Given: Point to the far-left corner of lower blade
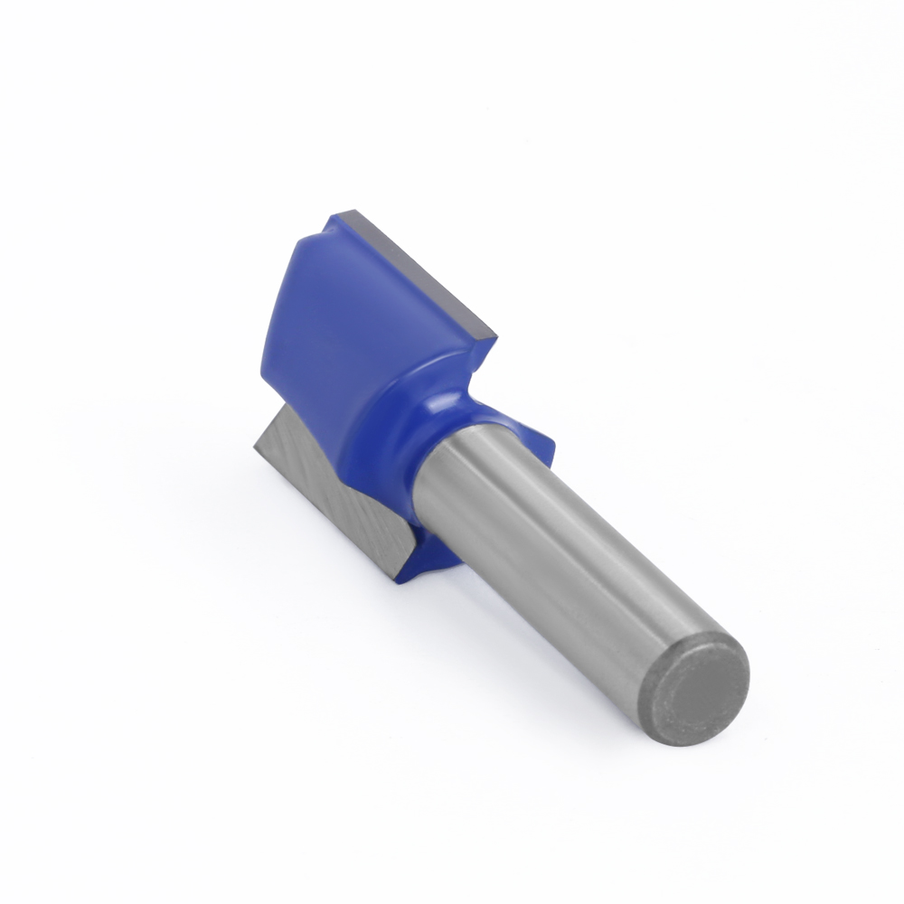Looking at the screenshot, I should [x=254, y=443].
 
